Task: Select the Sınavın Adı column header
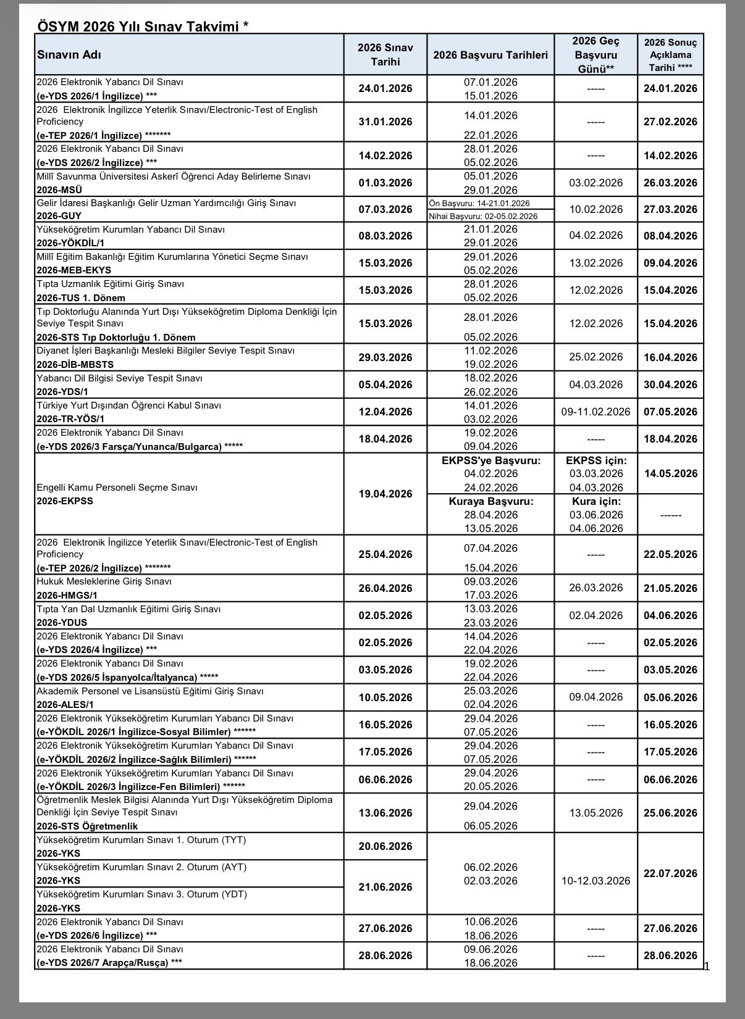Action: coord(69,55)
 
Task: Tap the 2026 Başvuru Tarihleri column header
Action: coord(490,55)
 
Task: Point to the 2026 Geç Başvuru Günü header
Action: coord(596,55)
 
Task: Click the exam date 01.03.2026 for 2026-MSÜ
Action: coord(385,183)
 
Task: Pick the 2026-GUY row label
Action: coord(59,216)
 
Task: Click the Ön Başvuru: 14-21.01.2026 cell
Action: coord(479,203)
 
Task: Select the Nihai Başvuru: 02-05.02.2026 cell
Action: coord(483,216)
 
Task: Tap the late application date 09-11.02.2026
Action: coord(596,412)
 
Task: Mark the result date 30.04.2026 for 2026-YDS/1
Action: coord(670,385)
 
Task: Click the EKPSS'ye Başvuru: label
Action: coord(490,460)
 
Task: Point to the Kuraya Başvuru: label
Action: coord(490,501)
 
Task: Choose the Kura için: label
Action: coord(596,501)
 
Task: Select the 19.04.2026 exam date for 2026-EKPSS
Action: coord(385,494)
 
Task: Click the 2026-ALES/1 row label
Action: coord(65,704)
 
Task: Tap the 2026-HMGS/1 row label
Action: coord(67,596)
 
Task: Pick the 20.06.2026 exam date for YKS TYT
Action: coord(385,846)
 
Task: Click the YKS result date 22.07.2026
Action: coord(670,873)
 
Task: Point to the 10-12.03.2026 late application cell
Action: coord(596,881)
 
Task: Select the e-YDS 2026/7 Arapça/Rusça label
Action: coord(102,962)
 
